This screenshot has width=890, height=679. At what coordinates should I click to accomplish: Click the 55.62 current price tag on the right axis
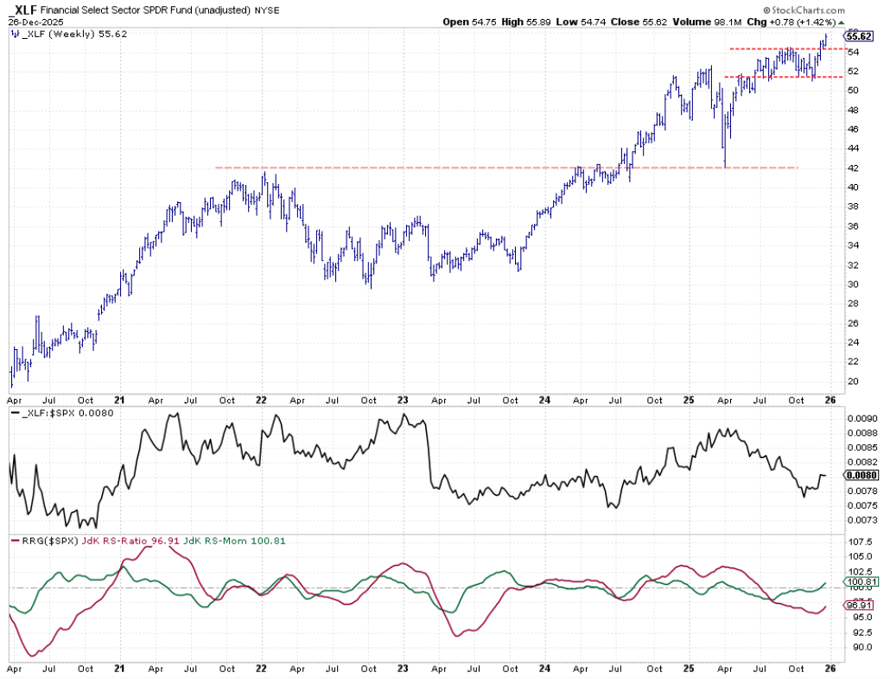click(859, 35)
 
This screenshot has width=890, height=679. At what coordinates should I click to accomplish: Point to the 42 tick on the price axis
click(853, 168)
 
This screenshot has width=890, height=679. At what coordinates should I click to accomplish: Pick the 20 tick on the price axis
click(853, 382)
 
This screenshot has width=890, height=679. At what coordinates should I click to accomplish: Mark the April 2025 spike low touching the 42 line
click(725, 166)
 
